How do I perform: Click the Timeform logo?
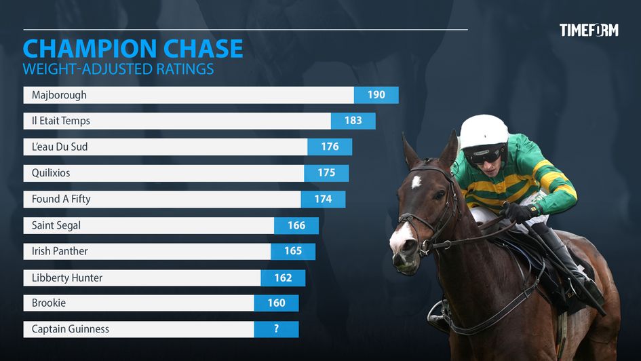coord(588,30)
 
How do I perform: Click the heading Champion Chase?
coord(133,49)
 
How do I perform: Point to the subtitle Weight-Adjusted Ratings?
coord(118,69)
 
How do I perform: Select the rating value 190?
coord(376,95)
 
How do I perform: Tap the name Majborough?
coord(59,95)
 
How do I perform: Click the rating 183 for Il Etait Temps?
coord(353,121)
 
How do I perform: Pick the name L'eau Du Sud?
coord(60,147)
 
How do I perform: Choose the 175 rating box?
coord(326,173)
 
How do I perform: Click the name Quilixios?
coord(51,173)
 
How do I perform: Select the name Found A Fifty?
coord(61,199)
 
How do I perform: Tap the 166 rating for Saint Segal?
coord(296,225)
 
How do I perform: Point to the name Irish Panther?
coord(60,251)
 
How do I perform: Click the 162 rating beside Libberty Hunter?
coord(283,278)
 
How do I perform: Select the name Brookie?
coord(49,303)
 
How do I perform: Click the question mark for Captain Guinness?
coord(276,329)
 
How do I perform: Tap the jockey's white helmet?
coord(483,130)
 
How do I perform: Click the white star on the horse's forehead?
coord(416,182)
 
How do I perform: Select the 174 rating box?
coord(323,199)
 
